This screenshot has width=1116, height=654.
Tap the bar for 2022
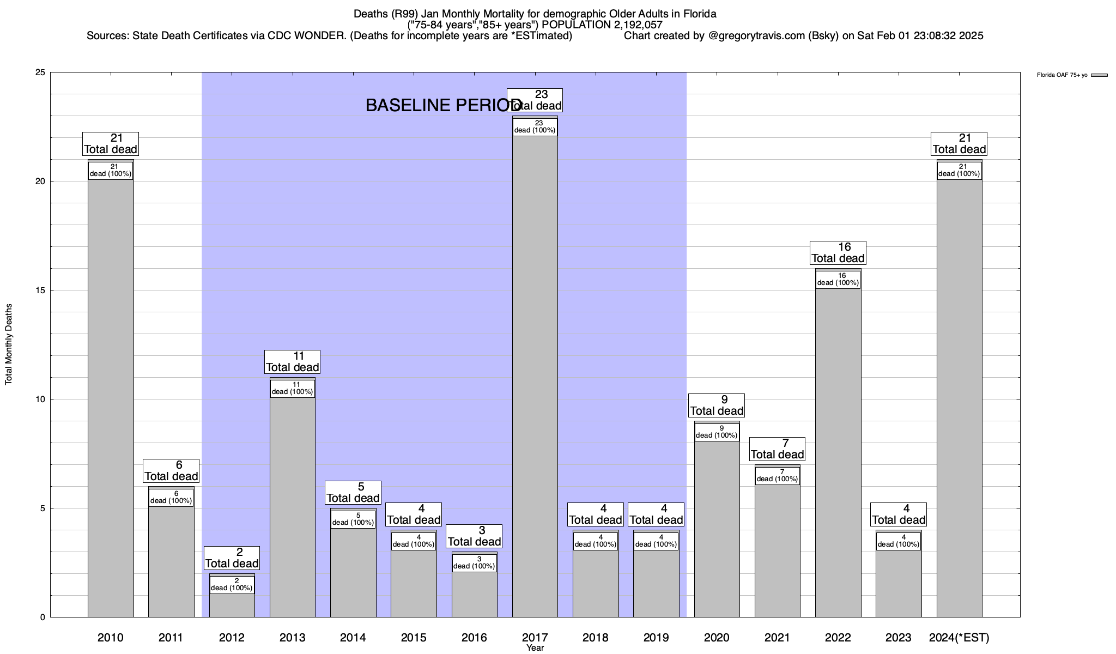(x=838, y=452)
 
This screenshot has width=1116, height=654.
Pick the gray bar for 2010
(x=111, y=398)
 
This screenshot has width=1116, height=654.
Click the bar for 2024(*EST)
(x=959, y=398)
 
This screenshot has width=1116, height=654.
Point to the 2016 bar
(x=474, y=594)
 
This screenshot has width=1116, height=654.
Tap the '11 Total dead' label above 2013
(x=292, y=362)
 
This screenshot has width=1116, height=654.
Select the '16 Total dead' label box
(x=838, y=253)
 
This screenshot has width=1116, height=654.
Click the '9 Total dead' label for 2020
(x=717, y=405)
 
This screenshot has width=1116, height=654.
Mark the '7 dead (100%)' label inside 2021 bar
(x=778, y=476)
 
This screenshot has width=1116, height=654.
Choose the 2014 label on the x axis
(x=353, y=638)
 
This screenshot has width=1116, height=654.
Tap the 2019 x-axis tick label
(x=656, y=638)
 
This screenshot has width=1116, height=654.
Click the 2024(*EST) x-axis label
(x=959, y=638)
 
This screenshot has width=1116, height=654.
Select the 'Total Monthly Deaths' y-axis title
(x=9, y=344)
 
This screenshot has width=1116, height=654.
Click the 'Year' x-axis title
(x=535, y=648)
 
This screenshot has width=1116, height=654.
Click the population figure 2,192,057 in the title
(x=634, y=25)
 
